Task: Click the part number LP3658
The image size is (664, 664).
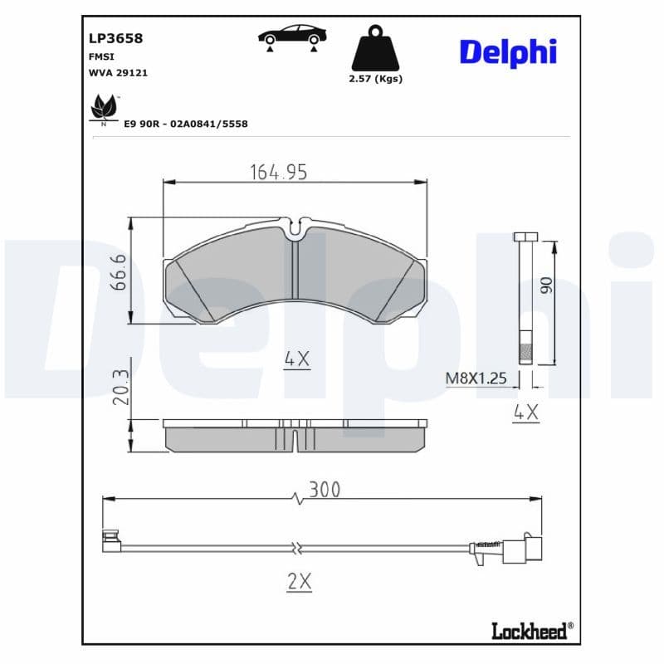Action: [x=115, y=38]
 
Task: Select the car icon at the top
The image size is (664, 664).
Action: [x=291, y=37]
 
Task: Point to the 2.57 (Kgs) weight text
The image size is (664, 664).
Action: [x=377, y=79]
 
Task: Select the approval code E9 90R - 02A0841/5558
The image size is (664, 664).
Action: [x=186, y=124]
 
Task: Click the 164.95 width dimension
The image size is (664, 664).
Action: [x=279, y=172]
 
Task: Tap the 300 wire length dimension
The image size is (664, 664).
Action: [x=324, y=490]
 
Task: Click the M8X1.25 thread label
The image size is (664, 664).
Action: [x=476, y=378]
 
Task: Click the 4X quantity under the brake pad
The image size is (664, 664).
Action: [x=296, y=359]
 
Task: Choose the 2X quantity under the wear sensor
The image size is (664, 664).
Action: [x=298, y=582]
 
